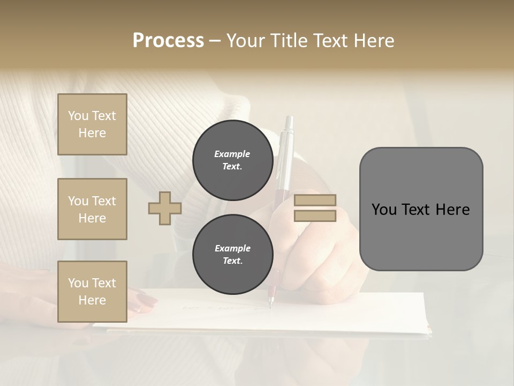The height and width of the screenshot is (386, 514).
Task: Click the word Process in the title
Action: pos(168,40)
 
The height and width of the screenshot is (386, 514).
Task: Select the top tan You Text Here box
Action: pos(92,124)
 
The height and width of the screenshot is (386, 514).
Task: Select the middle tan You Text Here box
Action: pos(92,209)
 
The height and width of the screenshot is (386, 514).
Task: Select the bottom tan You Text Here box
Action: pos(92,292)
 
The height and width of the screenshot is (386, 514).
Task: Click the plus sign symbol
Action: pos(164,208)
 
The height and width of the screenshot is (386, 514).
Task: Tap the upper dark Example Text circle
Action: pos(233,160)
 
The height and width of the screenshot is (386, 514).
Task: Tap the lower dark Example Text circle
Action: pos(233,255)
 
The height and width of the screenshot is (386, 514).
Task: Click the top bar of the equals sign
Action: pos(315,200)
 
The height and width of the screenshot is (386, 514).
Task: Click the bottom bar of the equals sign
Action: pos(315,216)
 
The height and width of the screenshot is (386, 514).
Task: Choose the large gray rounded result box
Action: pos(421,209)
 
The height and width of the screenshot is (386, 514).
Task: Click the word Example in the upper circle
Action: pos(232,154)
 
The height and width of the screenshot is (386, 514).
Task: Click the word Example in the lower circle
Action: pos(233,248)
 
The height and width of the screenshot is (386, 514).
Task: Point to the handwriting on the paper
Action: pos(225,308)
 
